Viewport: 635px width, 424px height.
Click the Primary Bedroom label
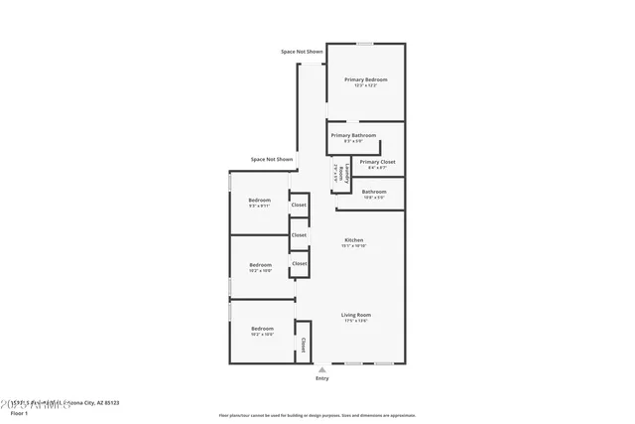(366, 79)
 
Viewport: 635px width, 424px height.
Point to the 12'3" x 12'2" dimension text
(366, 86)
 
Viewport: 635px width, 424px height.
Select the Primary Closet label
(377, 161)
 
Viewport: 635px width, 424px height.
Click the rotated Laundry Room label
(339, 173)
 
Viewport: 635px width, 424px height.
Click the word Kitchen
(354, 239)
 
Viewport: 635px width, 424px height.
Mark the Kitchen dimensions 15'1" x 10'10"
(354, 245)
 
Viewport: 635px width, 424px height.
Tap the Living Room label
(355, 314)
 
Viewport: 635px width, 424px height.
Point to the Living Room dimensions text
(355, 321)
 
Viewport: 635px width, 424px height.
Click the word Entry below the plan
(321, 378)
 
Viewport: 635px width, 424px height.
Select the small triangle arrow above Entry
(321, 369)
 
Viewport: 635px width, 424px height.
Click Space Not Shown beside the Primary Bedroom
(302, 51)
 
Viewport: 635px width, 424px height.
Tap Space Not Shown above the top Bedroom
(272, 159)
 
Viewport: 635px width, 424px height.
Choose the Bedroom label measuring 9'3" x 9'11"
(259, 200)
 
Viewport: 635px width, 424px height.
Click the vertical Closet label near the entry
(303, 346)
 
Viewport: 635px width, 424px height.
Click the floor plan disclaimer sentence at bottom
(317, 415)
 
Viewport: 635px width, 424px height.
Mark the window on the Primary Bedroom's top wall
(365, 44)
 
